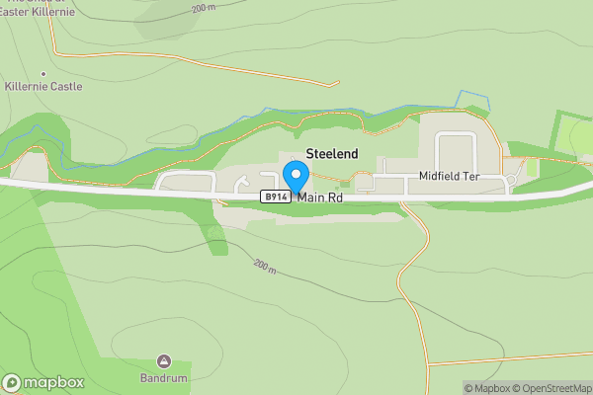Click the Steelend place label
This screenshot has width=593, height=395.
tap(332, 154)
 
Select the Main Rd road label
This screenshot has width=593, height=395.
tap(320, 197)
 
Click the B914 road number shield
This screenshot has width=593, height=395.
tap(276, 197)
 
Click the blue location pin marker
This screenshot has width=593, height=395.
tap(295, 176)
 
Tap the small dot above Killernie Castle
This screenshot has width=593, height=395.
tap(42, 74)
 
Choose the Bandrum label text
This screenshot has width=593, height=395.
tap(164, 377)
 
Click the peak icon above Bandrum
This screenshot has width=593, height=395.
tap(164, 361)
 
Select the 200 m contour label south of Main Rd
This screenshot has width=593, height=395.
tap(263, 267)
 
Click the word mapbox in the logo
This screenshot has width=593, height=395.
tap(53, 383)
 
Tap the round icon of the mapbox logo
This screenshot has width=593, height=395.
tap(12, 383)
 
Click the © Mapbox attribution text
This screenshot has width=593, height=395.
tap(488, 388)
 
